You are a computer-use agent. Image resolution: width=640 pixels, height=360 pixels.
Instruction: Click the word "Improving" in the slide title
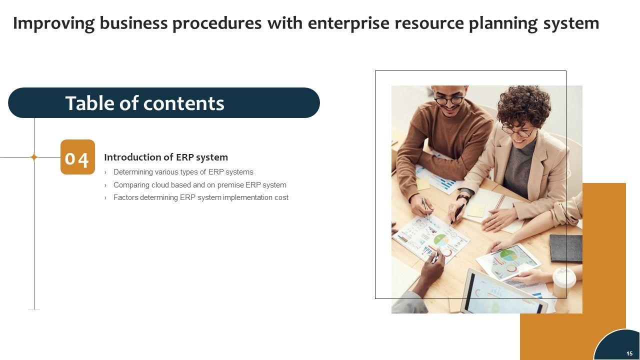coord(53,23)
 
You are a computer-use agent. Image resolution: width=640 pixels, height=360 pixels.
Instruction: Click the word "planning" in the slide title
coord(503,23)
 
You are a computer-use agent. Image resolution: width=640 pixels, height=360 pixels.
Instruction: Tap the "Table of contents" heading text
coord(145,103)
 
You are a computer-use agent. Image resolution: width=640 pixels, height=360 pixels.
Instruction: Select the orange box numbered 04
coord(77,157)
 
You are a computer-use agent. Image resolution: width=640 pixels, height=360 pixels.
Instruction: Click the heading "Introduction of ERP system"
coord(166,157)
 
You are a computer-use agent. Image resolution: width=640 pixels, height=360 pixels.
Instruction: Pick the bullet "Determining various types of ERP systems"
coord(183,172)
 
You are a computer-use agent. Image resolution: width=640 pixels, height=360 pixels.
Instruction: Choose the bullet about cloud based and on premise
coord(199,185)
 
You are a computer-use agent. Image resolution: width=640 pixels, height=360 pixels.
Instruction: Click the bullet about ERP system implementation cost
coord(201,197)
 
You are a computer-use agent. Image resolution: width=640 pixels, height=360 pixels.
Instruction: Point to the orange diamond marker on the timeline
coord(34,157)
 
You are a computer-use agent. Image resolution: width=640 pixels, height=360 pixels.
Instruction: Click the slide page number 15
coord(629,353)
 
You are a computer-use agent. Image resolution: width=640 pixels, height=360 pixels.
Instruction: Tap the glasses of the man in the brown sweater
coord(449,100)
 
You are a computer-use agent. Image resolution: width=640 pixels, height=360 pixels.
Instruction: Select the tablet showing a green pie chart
coord(508,262)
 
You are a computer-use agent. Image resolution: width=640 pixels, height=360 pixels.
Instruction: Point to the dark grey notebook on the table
coord(566,248)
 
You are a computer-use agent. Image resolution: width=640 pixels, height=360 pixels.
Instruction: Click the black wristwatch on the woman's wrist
coord(463,197)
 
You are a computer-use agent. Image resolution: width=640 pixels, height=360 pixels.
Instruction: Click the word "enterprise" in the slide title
coord(348,23)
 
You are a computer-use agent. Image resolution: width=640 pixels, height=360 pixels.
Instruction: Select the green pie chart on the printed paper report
coord(441,239)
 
